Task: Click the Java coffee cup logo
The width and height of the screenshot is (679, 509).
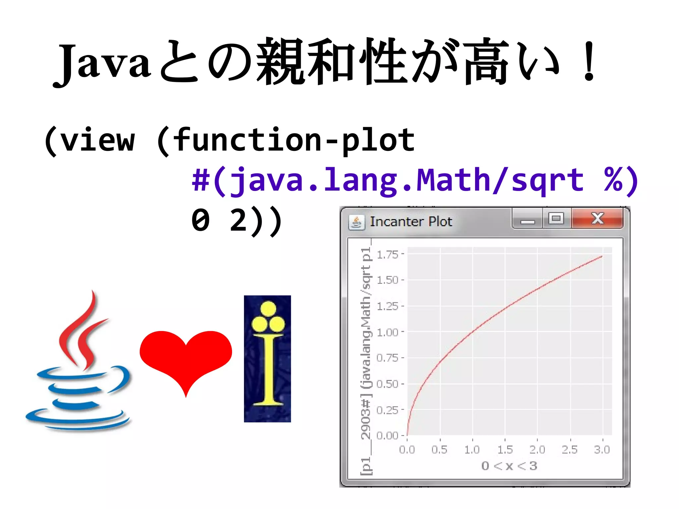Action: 80,368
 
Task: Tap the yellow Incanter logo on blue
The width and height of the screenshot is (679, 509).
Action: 267,358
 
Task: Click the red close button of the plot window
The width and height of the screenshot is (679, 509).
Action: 597,219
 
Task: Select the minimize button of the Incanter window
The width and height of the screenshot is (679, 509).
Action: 527,219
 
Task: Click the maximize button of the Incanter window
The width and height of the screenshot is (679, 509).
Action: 556,219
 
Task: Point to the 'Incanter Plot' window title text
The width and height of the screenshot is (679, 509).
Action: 411,222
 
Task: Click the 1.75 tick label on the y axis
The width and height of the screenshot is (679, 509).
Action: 387,255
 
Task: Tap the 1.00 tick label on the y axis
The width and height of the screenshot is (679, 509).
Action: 387,332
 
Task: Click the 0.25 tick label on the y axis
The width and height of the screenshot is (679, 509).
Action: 387,410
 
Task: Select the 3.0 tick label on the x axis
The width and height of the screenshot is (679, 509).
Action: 602,450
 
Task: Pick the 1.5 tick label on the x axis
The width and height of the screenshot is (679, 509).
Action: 505,450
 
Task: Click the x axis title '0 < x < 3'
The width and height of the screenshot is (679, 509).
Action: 509,466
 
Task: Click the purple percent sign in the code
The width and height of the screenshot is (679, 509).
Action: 613,180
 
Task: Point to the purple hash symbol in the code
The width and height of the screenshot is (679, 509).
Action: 201,180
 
